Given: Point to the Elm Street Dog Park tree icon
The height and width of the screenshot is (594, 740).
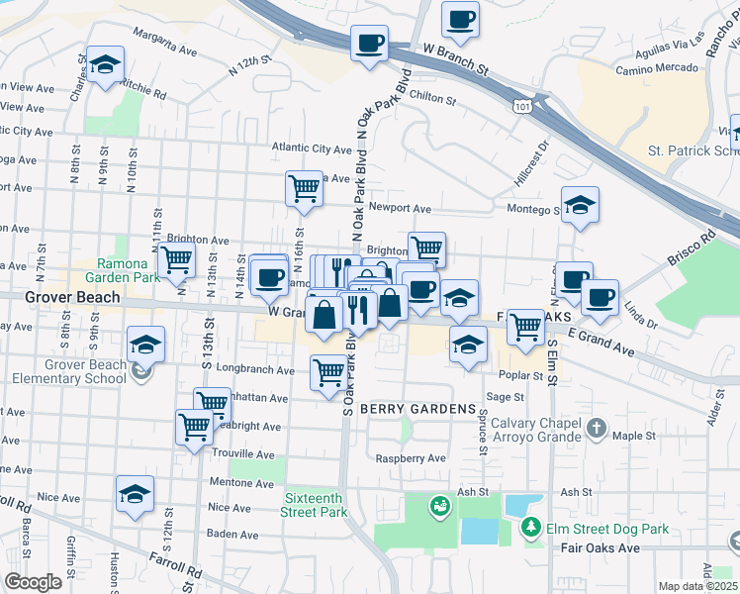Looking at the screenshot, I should click(x=532, y=527).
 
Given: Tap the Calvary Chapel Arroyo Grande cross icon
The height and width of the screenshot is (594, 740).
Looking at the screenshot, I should click(x=595, y=428).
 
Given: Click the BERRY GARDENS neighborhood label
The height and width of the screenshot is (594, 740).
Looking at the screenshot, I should click(x=411, y=409).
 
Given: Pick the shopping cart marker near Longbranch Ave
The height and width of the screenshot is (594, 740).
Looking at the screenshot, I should click(x=329, y=373).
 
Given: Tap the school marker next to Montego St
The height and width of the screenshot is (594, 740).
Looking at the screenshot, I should click(x=580, y=205).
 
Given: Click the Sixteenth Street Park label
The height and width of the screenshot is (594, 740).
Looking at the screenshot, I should click(x=315, y=505).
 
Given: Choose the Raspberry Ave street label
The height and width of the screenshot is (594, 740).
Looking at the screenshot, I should click(x=411, y=458).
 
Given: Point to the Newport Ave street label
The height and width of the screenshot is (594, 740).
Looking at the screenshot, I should click(x=400, y=209).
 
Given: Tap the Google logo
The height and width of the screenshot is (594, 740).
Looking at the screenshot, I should click(x=34, y=581).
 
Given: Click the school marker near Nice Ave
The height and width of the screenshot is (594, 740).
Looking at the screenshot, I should click(x=136, y=495).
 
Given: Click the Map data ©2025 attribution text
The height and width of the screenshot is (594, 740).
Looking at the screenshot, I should click(x=697, y=586).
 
